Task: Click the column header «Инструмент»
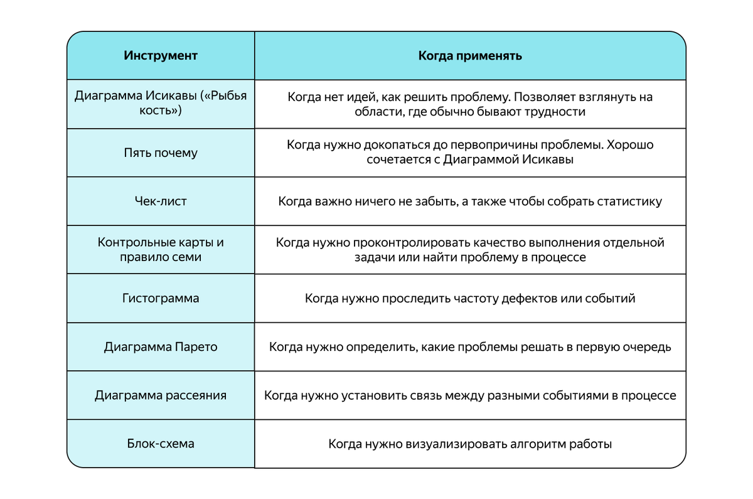point(161,56)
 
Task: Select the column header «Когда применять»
point(470,56)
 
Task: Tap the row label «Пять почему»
point(161,153)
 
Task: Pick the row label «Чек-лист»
point(161,201)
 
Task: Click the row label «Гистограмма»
point(161,298)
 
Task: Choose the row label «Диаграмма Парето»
point(161,346)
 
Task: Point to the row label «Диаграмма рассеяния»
point(161,395)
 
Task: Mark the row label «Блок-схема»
point(161,444)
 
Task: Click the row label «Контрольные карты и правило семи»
point(161,250)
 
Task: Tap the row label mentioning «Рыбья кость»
point(161,104)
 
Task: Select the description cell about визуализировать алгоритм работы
point(470,444)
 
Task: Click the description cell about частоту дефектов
point(470,298)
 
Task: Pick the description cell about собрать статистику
point(470,201)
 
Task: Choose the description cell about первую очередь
point(470,346)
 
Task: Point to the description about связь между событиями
point(470,395)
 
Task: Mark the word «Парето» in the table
point(196,346)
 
